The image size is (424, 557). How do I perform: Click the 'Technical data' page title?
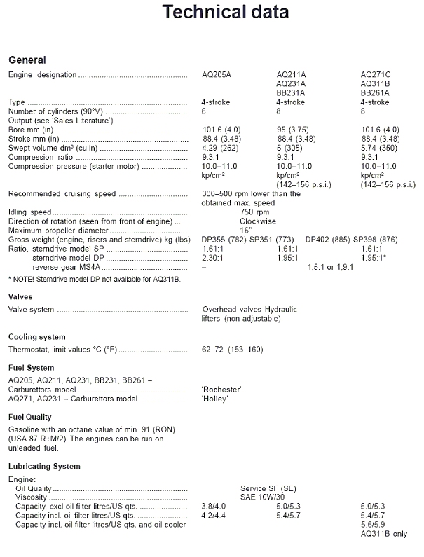[x=225, y=12]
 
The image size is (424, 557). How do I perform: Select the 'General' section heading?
[x=27, y=60]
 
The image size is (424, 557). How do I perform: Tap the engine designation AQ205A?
[x=217, y=74]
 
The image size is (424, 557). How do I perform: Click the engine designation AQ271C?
[x=376, y=74]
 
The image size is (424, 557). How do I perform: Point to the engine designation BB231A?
[x=291, y=92]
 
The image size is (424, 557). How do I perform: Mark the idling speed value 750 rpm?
[x=254, y=212]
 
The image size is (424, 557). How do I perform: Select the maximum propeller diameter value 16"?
[x=245, y=230]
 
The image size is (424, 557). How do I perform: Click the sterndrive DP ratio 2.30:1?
[x=214, y=257]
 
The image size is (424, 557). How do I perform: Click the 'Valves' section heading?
[x=20, y=297]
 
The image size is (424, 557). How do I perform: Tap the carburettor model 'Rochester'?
[x=221, y=389]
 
